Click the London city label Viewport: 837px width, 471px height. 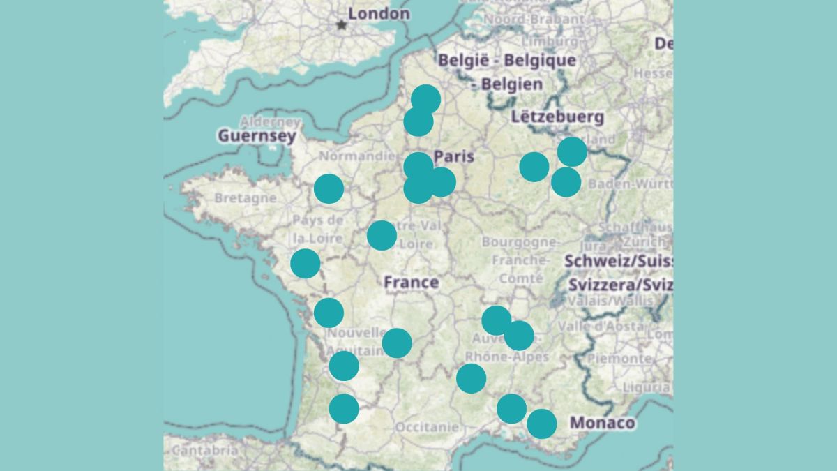pos(379,13)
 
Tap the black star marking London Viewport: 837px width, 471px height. pos(341,25)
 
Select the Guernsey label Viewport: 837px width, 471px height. pos(257,136)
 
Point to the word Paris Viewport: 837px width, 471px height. pos(454,156)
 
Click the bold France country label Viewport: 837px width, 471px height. pos(412,283)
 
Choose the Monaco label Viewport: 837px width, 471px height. pos(603,423)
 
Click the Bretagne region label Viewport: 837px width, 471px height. pos(245,198)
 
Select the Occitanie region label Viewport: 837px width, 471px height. pos(427,426)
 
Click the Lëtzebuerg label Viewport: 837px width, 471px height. pos(557,117)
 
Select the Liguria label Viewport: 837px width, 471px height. pos(647,387)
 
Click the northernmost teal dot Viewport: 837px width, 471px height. pos(425,99)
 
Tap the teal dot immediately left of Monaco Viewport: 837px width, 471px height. pos(542,424)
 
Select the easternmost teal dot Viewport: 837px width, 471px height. pos(572,151)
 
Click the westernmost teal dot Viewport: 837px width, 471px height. pos(306,264)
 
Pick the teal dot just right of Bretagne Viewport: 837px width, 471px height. pos(329,188)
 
